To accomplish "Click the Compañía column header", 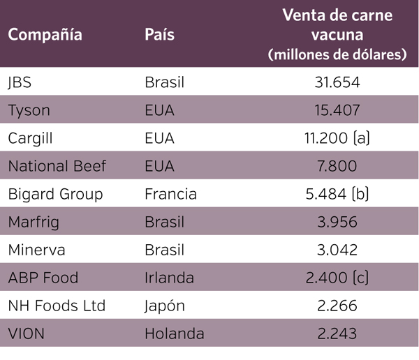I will [x=45, y=35].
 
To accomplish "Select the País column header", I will [x=159, y=35].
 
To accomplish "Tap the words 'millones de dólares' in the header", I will [x=337, y=54].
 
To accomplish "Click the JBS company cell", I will [x=20, y=82].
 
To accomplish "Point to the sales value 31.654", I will [x=337, y=82].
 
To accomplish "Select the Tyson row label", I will [x=29, y=110].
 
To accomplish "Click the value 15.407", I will [x=337, y=110].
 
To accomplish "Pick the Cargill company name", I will [x=31, y=138].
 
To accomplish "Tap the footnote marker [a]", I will [x=360, y=138].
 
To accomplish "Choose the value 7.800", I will [x=337, y=166].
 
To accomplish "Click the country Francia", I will [x=170, y=194].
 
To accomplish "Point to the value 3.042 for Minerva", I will [x=337, y=250].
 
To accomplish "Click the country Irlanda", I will [x=170, y=278].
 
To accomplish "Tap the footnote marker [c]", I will [x=360, y=278].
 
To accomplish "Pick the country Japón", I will [x=165, y=306].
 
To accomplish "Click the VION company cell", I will [x=27, y=333].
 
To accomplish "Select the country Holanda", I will [x=174, y=333].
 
